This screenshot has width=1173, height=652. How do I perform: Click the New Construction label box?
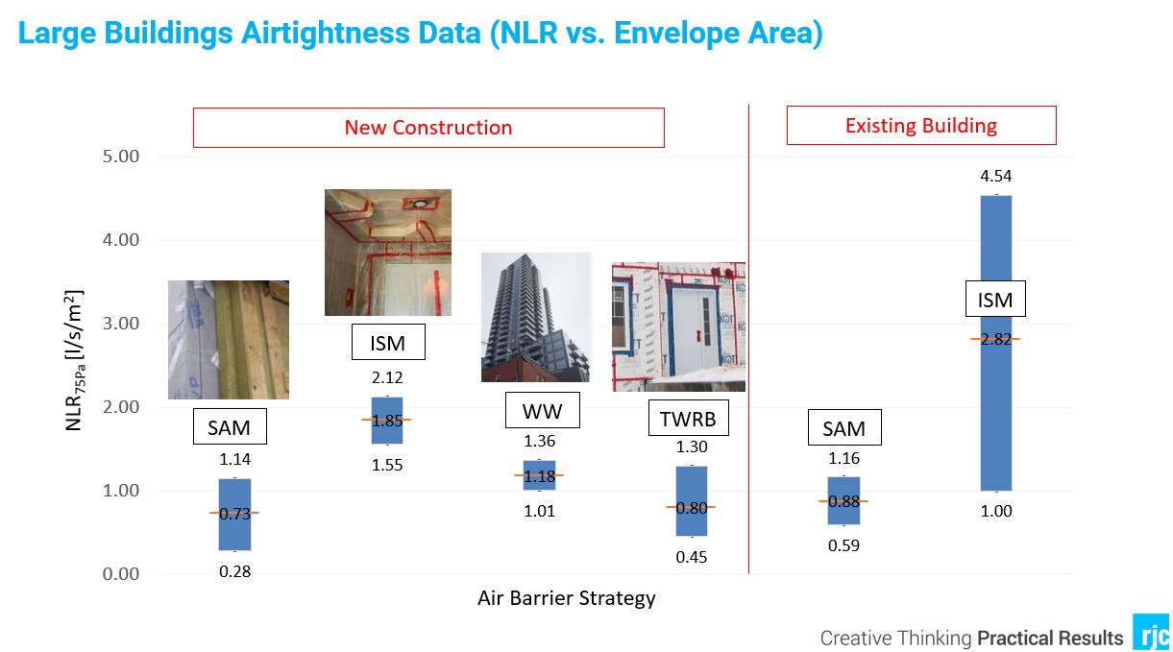[x=428, y=128]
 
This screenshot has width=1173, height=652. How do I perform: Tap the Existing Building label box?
[x=921, y=126]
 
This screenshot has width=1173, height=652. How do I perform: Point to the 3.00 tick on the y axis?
[x=121, y=324]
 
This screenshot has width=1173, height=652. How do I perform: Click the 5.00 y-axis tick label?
[x=121, y=157]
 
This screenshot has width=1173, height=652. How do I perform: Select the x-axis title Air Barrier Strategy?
[x=566, y=598]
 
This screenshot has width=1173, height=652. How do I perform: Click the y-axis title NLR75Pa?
[x=74, y=360]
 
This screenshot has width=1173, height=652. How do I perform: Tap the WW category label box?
[x=543, y=410]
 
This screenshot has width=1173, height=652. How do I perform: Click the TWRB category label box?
[x=688, y=418]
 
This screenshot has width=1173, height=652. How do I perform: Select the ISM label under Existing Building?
[x=995, y=299]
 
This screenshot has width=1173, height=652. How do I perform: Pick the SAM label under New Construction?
[x=230, y=427]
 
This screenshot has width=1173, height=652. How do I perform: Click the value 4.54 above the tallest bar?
[x=995, y=176]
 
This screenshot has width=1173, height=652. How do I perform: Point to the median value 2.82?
[x=995, y=339]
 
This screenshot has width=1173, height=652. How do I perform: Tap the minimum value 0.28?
[x=234, y=571]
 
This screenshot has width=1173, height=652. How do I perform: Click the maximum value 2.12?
[x=387, y=377]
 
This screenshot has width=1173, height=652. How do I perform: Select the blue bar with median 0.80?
[x=692, y=501]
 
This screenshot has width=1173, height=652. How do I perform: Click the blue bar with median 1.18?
[x=539, y=475]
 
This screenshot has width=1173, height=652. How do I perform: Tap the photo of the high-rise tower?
[x=536, y=317]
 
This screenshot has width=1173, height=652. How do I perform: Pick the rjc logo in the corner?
[x=1152, y=632]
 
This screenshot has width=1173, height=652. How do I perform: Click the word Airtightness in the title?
[x=361, y=33]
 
